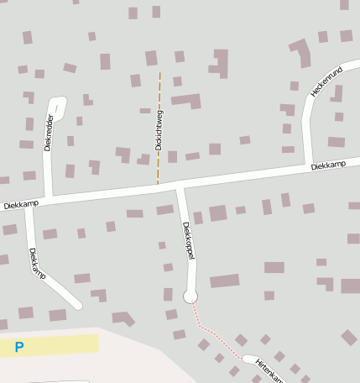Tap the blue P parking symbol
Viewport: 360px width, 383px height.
[x=19, y=346]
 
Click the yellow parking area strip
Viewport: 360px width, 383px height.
[x=59, y=344]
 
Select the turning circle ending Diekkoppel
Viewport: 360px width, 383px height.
[x=190, y=296]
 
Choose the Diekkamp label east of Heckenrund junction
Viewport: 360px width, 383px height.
[x=328, y=166]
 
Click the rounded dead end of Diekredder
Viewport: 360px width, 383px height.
[x=57, y=102]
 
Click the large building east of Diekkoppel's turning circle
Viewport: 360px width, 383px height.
[x=225, y=281]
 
